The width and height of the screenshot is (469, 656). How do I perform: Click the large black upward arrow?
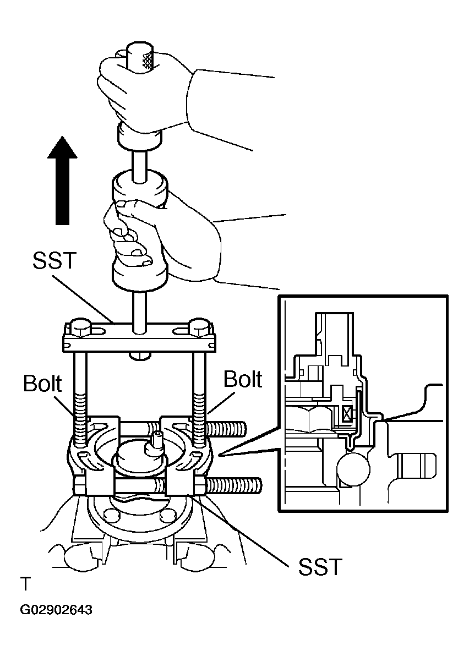coord(62,180)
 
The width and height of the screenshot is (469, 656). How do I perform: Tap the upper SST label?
coord(55,260)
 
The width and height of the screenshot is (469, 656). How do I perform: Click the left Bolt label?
coord(42,383)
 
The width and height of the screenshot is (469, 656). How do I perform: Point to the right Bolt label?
coord(243,379)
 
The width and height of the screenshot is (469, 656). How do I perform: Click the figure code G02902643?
coord(56,610)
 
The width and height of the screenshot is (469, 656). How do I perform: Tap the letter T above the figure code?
coord(25,583)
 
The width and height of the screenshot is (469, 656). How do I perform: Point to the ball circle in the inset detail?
coord(355,468)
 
